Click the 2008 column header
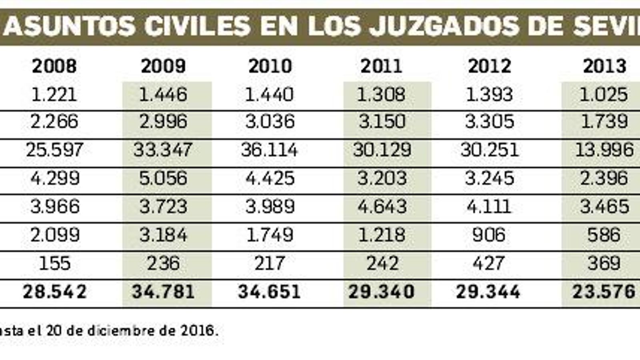point(54,66)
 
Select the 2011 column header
point(381,66)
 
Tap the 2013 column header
point(604,66)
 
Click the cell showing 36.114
point(269,150)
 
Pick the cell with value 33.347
point(163,150)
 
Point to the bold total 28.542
point(54,292)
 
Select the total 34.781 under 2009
point(163,292)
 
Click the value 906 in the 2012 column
point(488,235)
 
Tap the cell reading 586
point(604,235)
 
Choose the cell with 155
point(54,263)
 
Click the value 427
point(488,263)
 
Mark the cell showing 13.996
point(604,150)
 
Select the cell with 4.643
point(382,206)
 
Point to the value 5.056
point(163,178)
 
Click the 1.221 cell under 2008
point(54,94)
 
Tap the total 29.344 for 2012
point(488,292)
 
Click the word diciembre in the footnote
point(120,331)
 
